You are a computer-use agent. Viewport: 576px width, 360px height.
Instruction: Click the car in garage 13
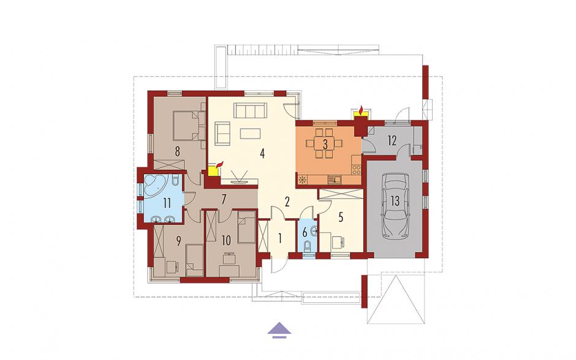(x=395, y=207)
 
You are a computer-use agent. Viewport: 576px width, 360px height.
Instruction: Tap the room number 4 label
(x=262, y=153)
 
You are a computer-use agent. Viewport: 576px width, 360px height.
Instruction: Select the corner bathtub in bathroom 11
(x=156, y=187)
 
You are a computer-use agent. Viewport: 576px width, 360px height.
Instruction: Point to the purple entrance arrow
(x=279, y=329)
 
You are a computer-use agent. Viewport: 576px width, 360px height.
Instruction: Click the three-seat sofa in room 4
(x=250, y=110)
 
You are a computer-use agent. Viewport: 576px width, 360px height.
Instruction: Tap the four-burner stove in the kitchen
(x=357, y=169)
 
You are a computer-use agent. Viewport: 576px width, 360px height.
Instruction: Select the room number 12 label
(x=392, y=140)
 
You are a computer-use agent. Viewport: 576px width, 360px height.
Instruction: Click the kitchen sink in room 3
(x=335, y=180)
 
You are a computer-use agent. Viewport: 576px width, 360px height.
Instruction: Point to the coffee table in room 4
(x=251, y=133)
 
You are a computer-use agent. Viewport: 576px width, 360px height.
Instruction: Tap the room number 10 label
(x=226, y=240)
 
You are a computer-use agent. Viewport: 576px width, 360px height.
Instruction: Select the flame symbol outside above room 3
(x=362, y=110)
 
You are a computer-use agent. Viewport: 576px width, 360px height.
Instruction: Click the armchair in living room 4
(x=222, y=133)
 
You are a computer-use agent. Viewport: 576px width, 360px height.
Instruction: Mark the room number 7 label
(x=224, y=199)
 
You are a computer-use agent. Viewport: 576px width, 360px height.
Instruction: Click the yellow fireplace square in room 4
(x=213, y=171)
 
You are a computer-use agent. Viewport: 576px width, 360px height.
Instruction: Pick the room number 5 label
(x=341, y=217)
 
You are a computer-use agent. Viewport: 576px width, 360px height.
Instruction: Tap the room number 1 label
(x=280, y=239)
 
